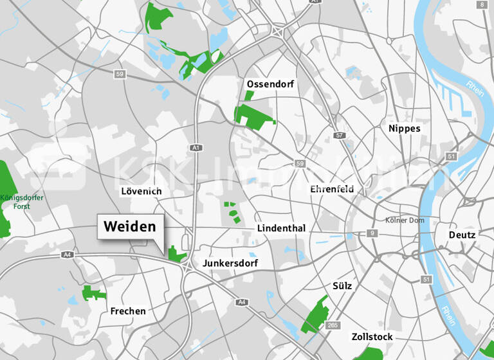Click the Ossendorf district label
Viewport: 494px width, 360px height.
click(x=270, y=84)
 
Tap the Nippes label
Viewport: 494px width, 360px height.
click(x=404, y=129)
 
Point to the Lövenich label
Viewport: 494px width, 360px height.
click(x=142, y=192)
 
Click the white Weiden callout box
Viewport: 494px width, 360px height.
click(x=131, y=227)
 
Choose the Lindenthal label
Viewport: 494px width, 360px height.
click(x=281, y=229)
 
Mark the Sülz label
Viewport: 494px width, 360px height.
click(x=342, y=285)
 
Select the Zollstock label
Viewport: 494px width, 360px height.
click(x=372, y=337)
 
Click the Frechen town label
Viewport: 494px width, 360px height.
click(x=128, y=311)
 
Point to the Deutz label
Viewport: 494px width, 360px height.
click(x=462, y=235)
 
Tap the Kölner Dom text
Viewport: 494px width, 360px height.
click(x=404, y=221)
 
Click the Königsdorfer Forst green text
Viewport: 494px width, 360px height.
click(x=21, y=202)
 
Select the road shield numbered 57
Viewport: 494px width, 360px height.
click(x=340, y=136)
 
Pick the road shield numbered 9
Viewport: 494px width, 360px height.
click(x=372, y=233)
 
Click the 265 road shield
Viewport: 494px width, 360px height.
click(x=332, y=325)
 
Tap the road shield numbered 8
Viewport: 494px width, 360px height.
click(x=482, y=4)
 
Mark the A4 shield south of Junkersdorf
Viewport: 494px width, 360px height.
click(x=242, y=302)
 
